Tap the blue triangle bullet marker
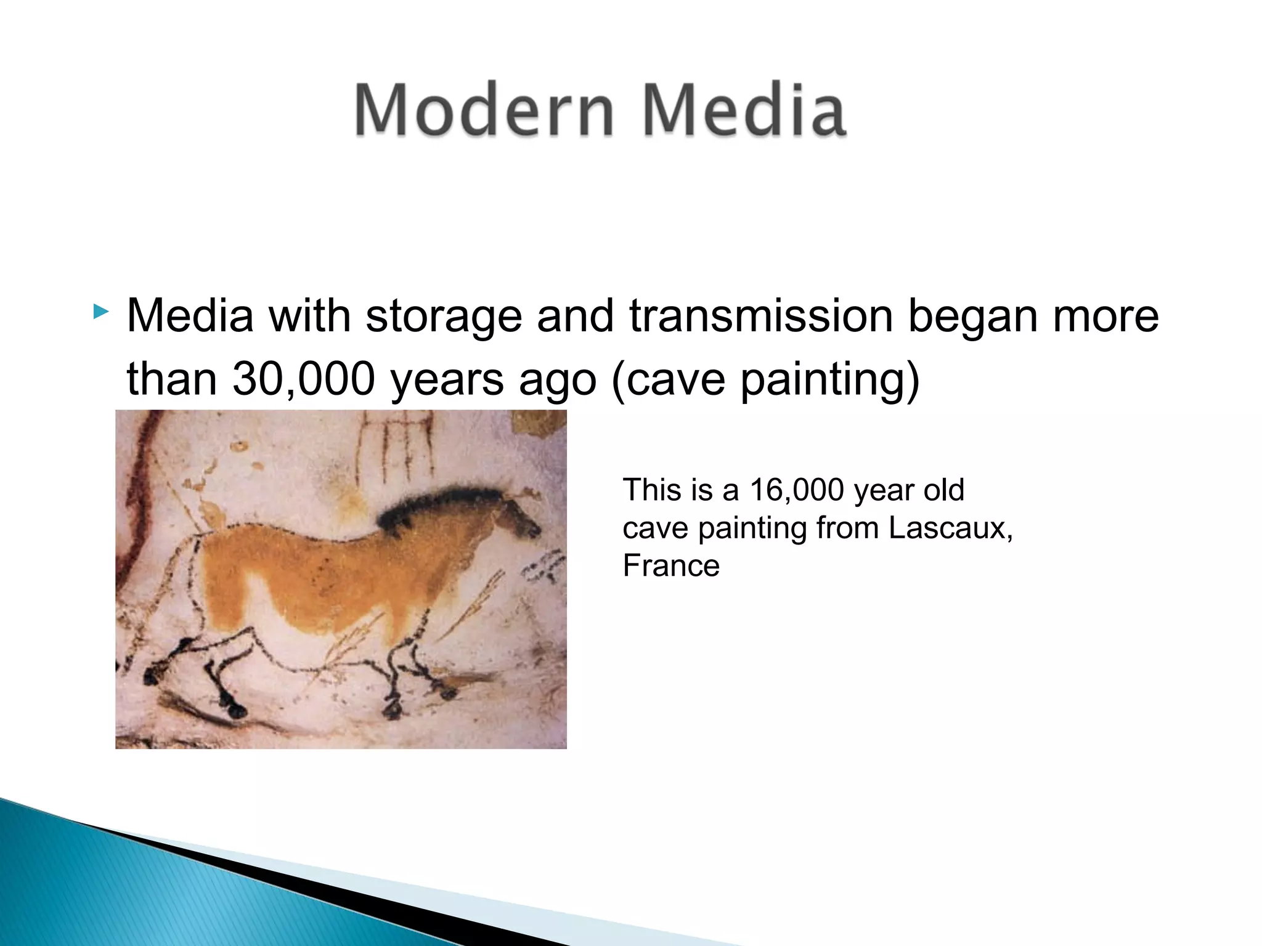click(x=100, y=312)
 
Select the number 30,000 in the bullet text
click(x=303, y=378)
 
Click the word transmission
click(x=761, y=315)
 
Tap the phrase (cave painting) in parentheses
click(x=765, y=379)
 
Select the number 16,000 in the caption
click(x=796, y=490)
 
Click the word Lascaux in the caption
click(x=948, y=528)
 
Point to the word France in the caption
click(x=671, y=565)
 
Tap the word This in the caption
click(x=651, y=490)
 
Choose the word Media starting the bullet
click(x=190, y=315)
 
